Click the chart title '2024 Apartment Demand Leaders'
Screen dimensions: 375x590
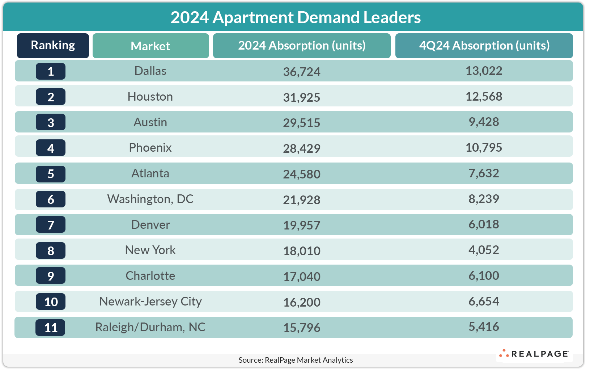[x=296, y=17]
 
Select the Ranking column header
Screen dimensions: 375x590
[x=53, y=46]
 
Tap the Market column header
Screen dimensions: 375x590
[x=150, y=46]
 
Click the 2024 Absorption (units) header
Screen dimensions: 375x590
[x=302, y=46]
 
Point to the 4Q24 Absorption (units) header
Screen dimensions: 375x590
[x=484, y=46]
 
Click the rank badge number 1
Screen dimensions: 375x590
[x=51, y=71]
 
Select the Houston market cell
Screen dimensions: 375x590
[x=150, y=97]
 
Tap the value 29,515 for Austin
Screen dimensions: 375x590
[x=302, y=123]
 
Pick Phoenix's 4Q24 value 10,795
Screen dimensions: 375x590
[x=484, y=147]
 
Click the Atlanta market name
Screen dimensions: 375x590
[x=150, y=173]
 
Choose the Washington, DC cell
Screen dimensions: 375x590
[x=150, y=199]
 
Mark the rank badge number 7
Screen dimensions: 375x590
[x=51, y=225]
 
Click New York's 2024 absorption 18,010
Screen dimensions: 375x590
[x=302, y=250]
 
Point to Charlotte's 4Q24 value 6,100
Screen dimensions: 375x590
[x=484, y=275]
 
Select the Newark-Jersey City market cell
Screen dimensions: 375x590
[x=150, y=302]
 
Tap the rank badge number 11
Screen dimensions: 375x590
[x=51, y=328]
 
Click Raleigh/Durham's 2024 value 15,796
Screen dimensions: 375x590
[x=302, y=328]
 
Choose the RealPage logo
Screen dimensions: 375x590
[x=534, y=354]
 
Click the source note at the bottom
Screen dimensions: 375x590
[x=296, y=360]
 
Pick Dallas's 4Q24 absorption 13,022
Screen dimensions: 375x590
[x=484, y=71]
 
